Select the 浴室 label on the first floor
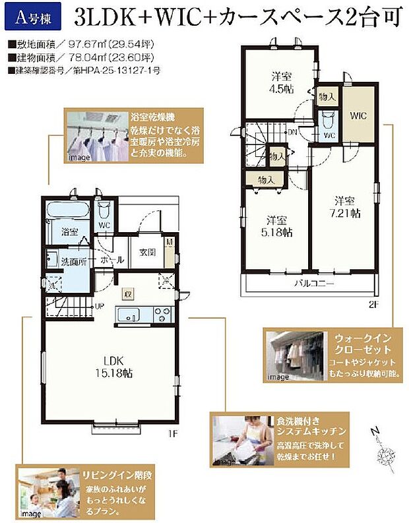tap(70, 232)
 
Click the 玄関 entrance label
tap(147, 252)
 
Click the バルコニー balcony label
tap(313, 283)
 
